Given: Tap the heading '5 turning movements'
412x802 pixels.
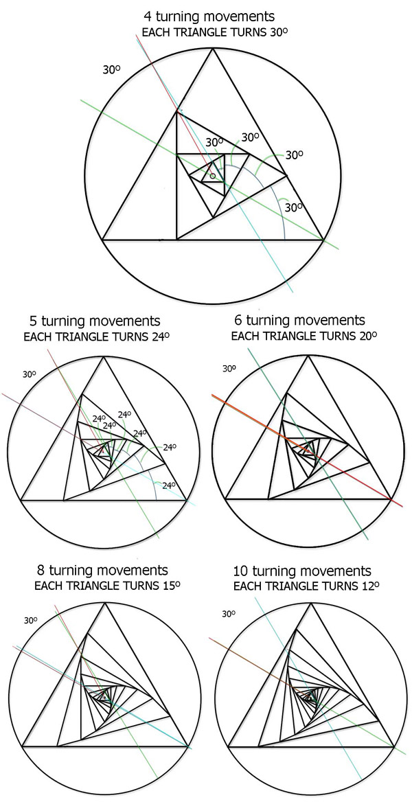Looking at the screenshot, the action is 95,321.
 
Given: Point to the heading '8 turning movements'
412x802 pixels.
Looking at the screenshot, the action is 102,570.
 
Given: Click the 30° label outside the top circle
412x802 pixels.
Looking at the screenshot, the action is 111,69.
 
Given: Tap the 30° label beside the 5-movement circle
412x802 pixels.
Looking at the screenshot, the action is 29,374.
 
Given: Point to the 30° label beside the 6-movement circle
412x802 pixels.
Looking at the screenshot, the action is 229,368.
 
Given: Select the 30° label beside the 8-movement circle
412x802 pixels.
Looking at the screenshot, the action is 31,621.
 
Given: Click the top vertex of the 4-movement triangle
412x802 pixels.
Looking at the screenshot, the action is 212,48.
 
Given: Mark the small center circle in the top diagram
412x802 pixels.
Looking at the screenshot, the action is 213,176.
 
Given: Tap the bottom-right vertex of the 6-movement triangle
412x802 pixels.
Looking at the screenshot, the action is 391,499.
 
